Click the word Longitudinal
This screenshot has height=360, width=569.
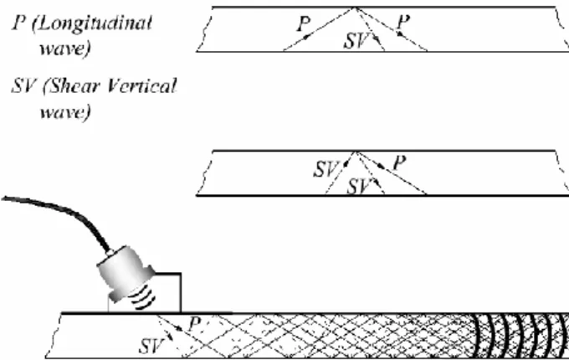[93, 24]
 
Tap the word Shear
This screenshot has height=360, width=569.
[71, 86]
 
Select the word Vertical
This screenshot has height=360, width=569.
[141, 86]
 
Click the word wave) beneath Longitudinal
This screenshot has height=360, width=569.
[64, 49]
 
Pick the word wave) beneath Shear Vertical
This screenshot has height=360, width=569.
[64, 112]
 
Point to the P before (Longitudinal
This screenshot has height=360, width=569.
[19, 23]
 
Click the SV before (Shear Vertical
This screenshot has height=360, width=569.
[24, 86]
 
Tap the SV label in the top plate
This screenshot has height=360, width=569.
[356, 40]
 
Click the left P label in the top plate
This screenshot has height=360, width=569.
[304, 24]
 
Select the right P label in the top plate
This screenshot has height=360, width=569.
[403, 22]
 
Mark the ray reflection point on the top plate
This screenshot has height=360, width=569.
[356, 8]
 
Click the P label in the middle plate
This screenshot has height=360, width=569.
[399, 162]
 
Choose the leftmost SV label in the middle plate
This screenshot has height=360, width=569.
[326, 169]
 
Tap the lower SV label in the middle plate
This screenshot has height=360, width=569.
[359, 187]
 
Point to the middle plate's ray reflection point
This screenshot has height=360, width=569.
[356, 152]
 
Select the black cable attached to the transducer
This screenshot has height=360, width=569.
[62, 215]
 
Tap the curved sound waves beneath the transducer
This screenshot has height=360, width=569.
[145, 297]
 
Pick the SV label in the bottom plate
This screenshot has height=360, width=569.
[151, 346]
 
